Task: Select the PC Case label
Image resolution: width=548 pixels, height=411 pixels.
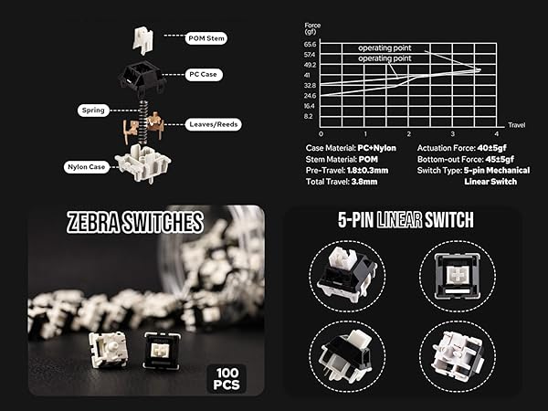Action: [203, 74]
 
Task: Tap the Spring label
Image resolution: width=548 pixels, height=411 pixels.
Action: [92, 111]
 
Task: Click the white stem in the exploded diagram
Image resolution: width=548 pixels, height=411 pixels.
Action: [142, 38]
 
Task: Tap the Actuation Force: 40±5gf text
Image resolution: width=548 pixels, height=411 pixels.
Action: [465, 148]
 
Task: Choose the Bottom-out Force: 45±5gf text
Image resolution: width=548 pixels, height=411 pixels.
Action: [467, 159]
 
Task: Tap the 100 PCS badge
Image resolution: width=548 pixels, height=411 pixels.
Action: [226, 376]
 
